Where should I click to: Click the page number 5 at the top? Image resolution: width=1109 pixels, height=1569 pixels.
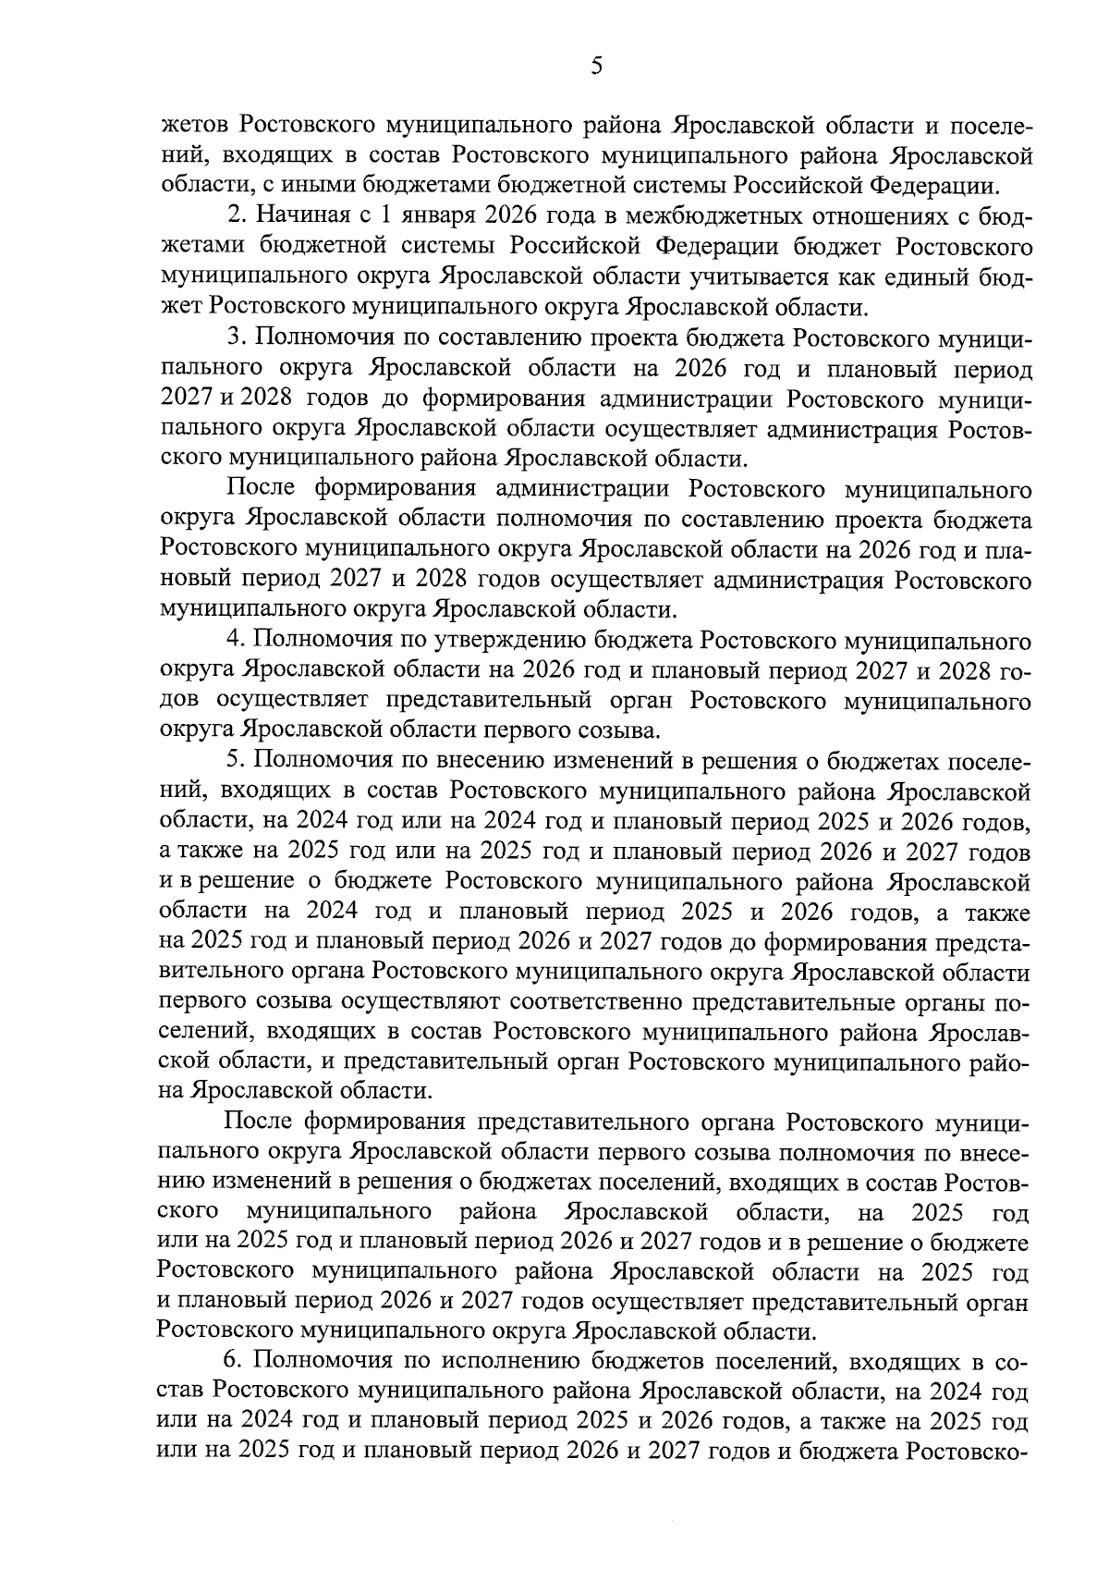click(x=596, y=67)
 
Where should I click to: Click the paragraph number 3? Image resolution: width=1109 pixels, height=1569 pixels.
click(x=234, y=338)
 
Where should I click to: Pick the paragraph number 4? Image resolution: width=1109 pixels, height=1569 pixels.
click(x=234, y=641)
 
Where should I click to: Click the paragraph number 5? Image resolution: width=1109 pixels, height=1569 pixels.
click(x=234, y=761)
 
